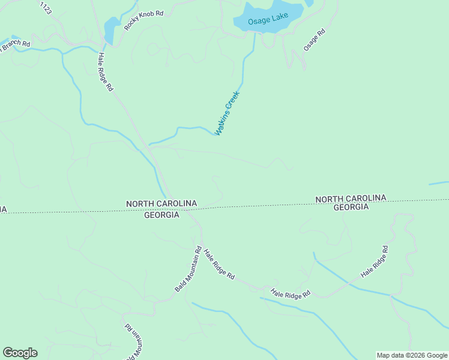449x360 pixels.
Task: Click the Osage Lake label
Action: [269, 18]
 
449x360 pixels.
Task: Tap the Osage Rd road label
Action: [314, 40]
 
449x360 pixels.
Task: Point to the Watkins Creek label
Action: [228, 113]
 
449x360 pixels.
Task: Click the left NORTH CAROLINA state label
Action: [161, 204]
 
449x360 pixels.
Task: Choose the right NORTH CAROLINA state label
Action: [351, 199]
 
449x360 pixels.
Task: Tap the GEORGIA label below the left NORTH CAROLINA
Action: [161, 215]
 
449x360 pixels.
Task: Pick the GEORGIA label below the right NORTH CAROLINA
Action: [351, 207]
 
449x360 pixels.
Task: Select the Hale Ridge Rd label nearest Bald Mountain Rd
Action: [218, 264]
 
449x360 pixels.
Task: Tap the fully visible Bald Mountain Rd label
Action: [188, 268]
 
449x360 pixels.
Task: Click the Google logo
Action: [20, 353]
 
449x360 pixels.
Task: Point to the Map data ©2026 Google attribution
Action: [412, 355]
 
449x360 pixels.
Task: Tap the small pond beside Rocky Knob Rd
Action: [112, 28]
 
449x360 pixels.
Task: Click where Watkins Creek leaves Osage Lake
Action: [255, 34]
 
